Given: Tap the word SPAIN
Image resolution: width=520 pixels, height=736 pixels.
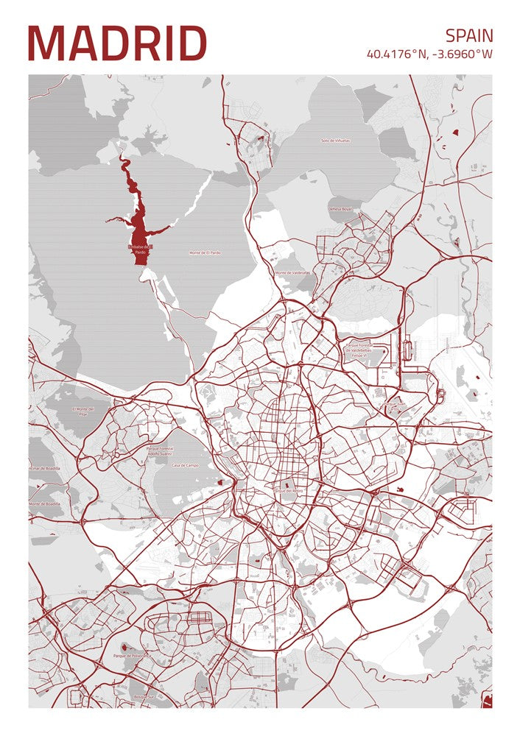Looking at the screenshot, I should pos(468,35).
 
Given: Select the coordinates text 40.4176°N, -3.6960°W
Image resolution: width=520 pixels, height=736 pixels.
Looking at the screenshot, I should pos(429,54).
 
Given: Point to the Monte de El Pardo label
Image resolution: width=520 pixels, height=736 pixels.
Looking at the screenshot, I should pos(205,252).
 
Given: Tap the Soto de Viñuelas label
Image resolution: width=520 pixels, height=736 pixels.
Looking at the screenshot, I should pos(335,140).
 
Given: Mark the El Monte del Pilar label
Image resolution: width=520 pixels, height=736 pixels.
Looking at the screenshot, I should pos(85,411).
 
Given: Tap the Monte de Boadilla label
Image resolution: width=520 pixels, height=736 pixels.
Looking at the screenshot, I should pos(44,503).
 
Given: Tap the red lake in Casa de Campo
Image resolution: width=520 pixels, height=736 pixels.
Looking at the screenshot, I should pos(220,482).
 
